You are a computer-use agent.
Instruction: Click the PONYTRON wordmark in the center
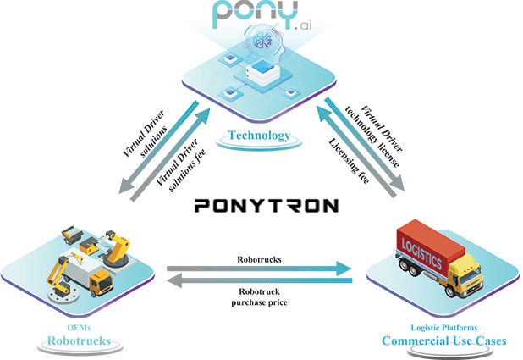point(266,205)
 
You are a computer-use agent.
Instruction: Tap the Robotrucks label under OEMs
point(78,341)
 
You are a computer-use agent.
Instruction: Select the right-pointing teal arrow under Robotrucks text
point(258,269)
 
